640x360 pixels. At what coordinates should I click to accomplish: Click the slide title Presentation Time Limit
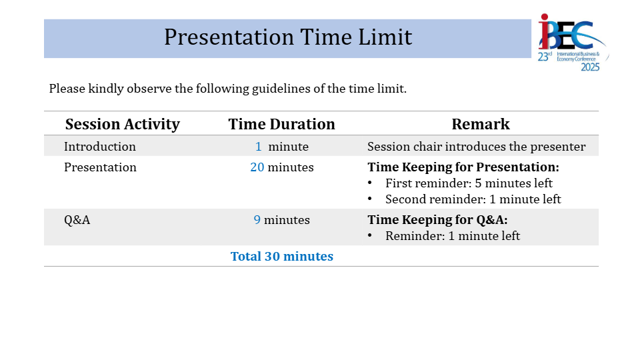[288, 37]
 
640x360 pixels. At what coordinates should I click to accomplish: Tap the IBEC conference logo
[572, 43]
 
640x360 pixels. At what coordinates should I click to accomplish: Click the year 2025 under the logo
[590, 67]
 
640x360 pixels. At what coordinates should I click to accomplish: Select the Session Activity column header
[123, 124]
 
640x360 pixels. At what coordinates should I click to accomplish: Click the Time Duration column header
[281, 124]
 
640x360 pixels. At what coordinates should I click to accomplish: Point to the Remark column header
[481, 124]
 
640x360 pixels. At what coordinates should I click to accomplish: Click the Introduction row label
[99, 147]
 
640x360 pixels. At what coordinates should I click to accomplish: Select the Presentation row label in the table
[100, 167]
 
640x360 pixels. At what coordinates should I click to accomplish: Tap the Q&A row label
[77, 220]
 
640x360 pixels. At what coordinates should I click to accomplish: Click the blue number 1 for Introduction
[259, 147]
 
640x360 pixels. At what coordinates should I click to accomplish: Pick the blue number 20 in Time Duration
[257, 167]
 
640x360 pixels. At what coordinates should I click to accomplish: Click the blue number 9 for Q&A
[257, 220]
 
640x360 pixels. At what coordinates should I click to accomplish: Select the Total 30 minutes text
[281, 256]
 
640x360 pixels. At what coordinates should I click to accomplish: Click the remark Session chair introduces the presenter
[476, 147]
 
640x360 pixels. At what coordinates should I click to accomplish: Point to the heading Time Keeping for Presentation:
[463, 167]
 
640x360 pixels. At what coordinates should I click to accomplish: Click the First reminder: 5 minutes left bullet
[469, 183]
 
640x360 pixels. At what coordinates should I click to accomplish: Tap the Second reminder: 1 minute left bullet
[473, 199]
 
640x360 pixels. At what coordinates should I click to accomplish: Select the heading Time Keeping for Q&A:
[437, 220]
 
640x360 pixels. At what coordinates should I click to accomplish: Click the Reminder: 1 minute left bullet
[452, 236]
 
